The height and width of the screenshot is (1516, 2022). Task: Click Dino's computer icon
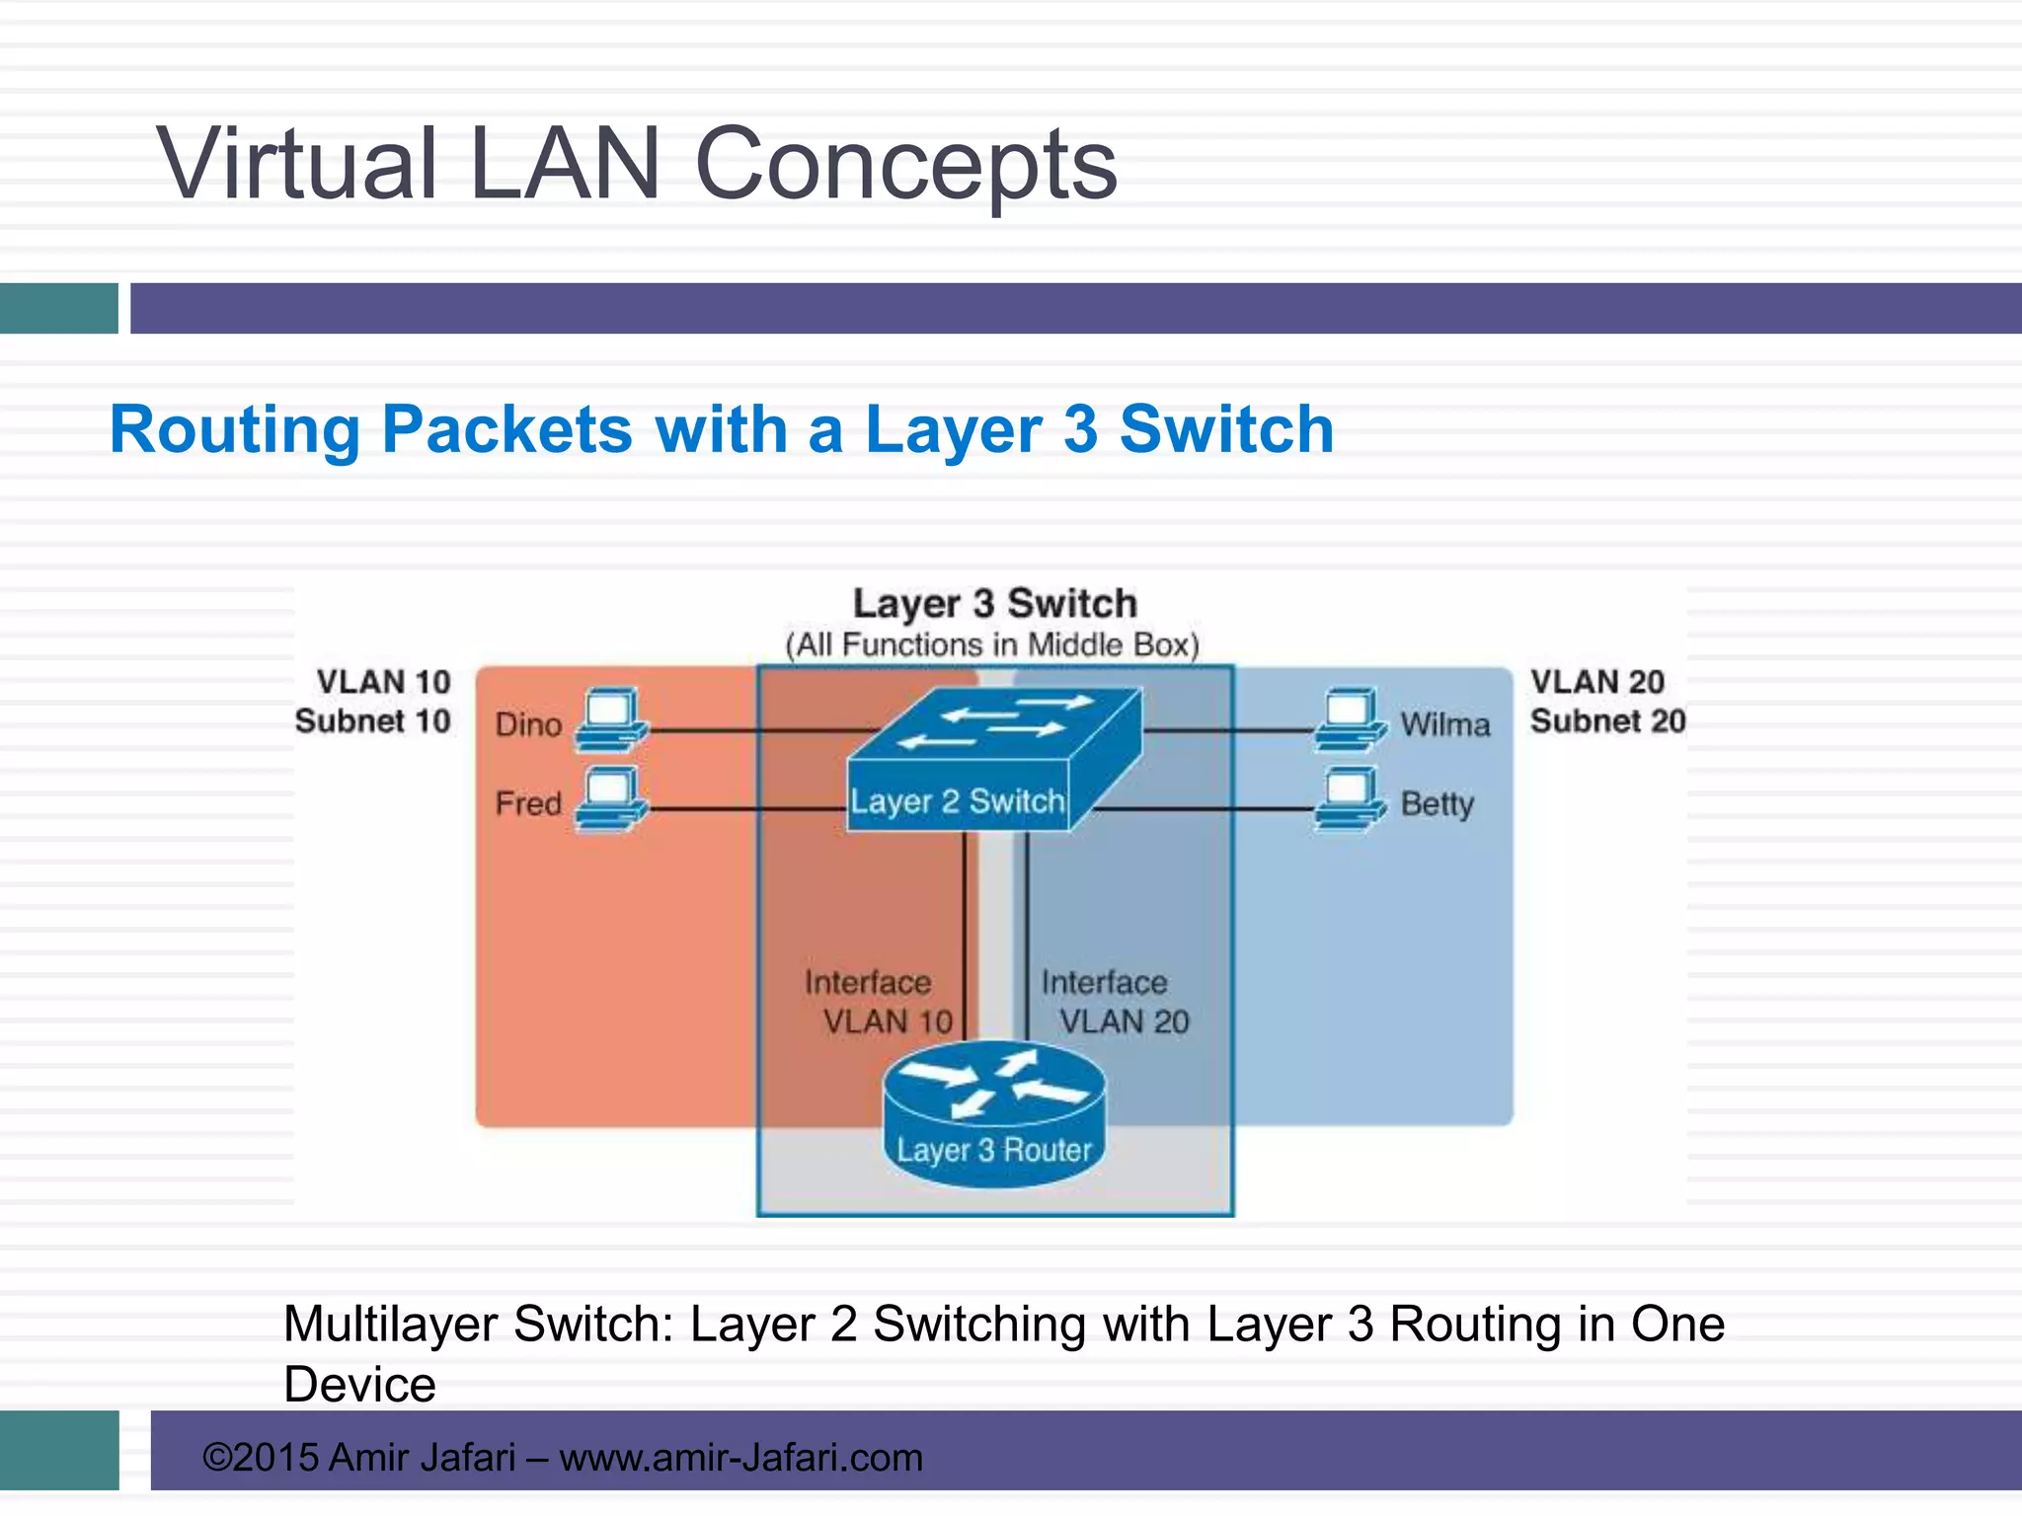pyautogui.click(x=611, y=720)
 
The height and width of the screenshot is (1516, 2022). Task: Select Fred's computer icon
pyautogui.click(x=611, y=799)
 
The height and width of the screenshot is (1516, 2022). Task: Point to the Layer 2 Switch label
pyautogui.click(x=958, y=801)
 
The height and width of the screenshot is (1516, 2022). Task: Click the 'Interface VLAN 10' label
pyautogui.click(x=878, y=1002)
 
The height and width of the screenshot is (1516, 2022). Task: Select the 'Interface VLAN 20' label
pyautogui.click(x=1115, y=1002)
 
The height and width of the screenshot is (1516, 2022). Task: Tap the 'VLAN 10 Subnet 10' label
pyautogui.click(x=374, y=702)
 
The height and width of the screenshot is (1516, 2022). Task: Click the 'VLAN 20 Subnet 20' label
pyautogui.click(x=1607, y=702)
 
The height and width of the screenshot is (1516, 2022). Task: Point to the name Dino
pyautogui.click(x=528, y=724)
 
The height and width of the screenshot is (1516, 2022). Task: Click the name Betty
pyautogui.click(x=1437, y=804)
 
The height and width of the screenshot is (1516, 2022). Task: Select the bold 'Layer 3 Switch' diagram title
pyautogui.click(x=994, y=603)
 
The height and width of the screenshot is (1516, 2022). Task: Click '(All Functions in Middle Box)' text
pyautogui.click(x=992, y=645)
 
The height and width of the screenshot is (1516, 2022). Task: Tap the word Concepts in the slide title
pyautogui.click(x=905, y=164)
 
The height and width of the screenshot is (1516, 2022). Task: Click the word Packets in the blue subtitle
pyautogui.click(x=506, y=430)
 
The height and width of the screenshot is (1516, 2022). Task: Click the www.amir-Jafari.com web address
pyautogui.click(x=740, y=1458)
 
